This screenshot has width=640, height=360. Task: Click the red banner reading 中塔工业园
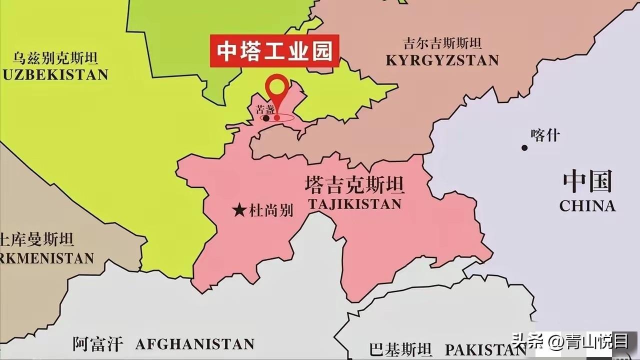point(274,50)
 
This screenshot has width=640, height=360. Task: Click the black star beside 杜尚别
point(240,210)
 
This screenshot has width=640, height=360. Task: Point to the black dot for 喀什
point(524,147)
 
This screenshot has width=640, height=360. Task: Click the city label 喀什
point(545,135)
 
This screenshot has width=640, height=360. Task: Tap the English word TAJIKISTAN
point(354,204)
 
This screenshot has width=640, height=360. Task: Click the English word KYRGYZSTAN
point(442,60)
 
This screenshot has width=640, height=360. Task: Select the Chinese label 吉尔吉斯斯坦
point(442,43)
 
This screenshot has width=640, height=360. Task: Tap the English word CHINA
point(587,206)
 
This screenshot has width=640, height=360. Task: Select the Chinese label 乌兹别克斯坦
point(55,58)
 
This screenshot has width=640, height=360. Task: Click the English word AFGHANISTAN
point(195,344)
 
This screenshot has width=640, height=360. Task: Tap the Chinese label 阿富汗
point(97,344)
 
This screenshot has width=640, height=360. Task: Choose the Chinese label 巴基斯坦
point(400,349)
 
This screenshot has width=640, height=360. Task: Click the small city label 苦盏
point(265,109)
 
